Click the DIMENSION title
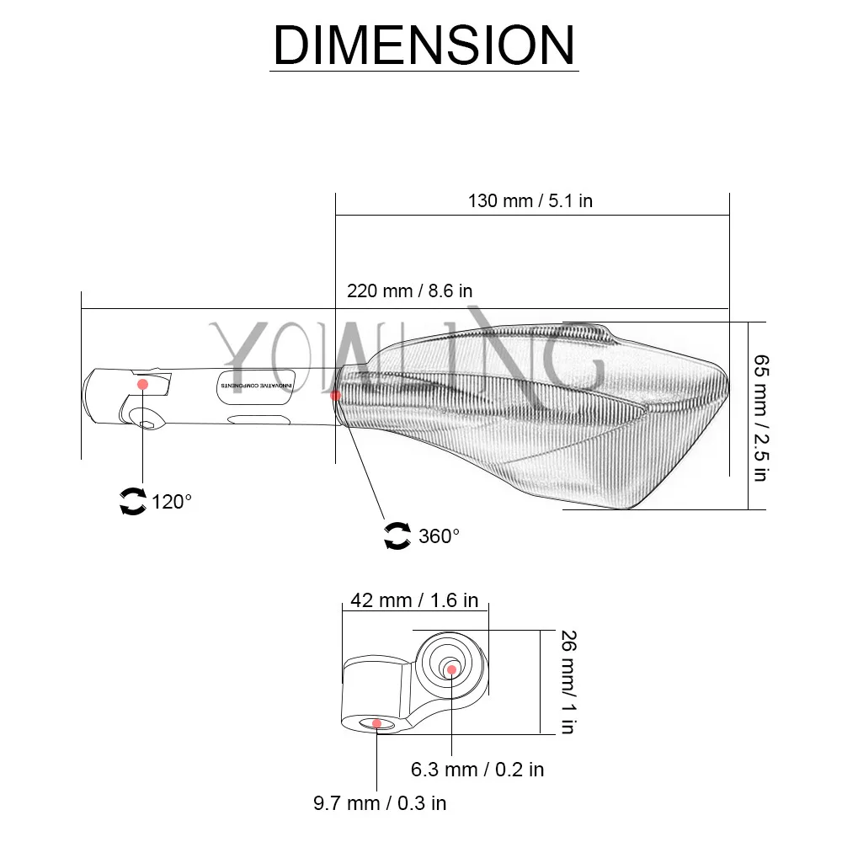(424, 45)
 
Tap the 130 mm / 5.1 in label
(530, 201)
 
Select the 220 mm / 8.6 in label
(410, 291)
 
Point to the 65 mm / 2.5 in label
(761, 418)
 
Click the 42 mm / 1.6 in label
(414, 600)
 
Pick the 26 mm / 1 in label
(568, 682)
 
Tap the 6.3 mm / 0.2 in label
(477, 770)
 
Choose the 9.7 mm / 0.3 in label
(380, 803)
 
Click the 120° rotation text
(171, 502)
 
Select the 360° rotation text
(439, 536)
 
